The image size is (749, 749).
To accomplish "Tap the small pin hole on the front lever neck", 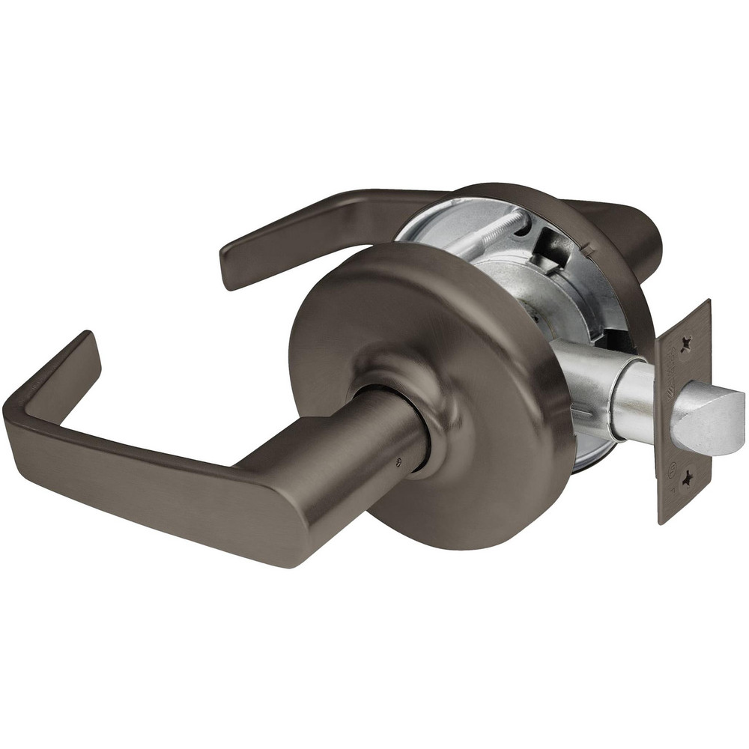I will (398, 462).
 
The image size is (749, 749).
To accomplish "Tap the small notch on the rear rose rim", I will (588, 247).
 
